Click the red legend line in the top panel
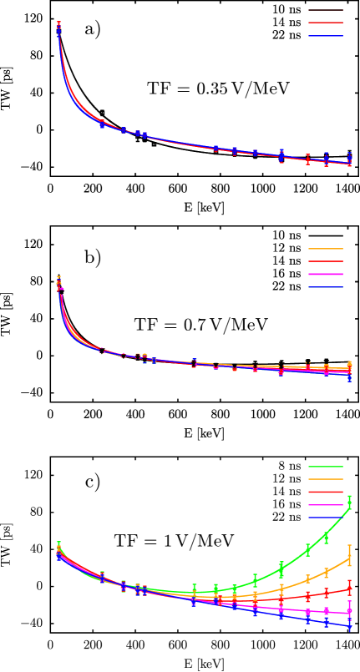[326, 23]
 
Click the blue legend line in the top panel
[326, 36]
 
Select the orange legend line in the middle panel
[326, 249]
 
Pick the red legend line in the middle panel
[326, 261]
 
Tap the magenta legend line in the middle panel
[326, 275]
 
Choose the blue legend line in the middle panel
[326, 287]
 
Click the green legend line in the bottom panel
[326, 467]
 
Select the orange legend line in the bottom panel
[326, 479]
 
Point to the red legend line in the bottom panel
[326, 493]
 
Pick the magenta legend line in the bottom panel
[326, 505]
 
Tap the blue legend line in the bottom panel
[326, 518]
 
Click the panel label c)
[93, 483]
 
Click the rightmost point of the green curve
[349, 503]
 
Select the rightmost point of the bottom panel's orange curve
[349, 557]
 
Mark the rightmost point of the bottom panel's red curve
[349, 588]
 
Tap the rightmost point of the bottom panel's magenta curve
[349, 612]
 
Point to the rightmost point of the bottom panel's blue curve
[349, 626]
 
